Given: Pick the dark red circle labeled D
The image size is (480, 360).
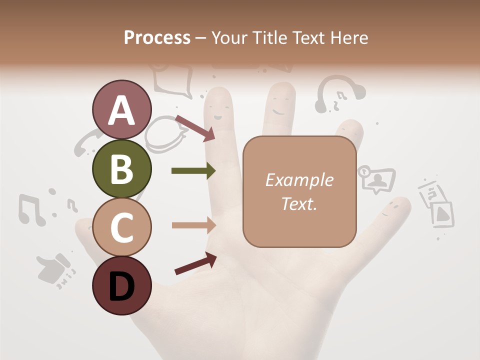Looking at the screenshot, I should coord(121,285).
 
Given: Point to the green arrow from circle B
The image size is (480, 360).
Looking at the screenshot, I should coord(193,171).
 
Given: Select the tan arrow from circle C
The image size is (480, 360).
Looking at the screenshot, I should coord(193,225).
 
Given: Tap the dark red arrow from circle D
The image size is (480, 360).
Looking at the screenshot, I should coord(195,263).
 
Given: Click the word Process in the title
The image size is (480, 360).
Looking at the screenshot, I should coord(157,37).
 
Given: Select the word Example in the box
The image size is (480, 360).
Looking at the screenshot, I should coord(299,180).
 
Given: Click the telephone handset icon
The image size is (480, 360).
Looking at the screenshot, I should coord(86,142).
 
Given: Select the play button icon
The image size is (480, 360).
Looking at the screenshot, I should coord(442,214).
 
